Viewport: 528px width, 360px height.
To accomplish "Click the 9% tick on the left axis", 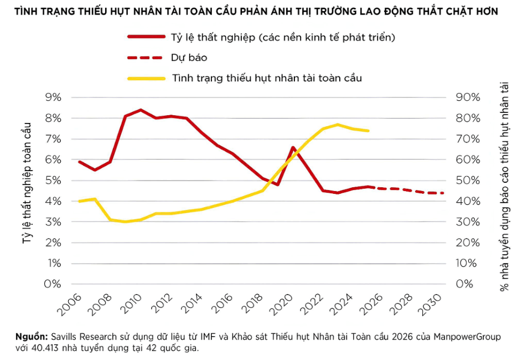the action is (x=53, y=97).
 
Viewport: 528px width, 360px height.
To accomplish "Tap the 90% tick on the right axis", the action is (x=468, y=97).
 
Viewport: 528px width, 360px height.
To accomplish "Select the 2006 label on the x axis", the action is (x=70, y=305).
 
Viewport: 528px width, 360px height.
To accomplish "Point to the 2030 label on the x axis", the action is (x=430, y=305).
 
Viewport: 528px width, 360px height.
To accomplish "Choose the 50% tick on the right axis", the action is (x=468, y=181).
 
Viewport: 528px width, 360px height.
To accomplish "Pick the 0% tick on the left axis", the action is (x=53, y=284).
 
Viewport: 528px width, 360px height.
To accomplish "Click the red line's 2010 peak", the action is (x=141, y=110).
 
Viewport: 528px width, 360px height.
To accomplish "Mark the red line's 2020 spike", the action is (x=293, y=147).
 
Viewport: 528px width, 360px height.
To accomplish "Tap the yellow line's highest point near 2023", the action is (x=338, y=125).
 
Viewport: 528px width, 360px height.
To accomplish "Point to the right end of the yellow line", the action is (x=369, y=131).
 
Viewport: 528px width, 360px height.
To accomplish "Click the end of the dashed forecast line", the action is (x=443, y=193).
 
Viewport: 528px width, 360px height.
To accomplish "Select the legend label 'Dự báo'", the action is (x=189, y=58).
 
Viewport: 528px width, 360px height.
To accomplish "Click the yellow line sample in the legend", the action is (x=147, y=79).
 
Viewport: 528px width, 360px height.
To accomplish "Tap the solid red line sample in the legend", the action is (x=147, y=37).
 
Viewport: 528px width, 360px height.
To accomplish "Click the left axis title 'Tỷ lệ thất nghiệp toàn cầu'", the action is (x=27, y=183).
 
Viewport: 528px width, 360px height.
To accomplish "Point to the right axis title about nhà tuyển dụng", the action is (x=504, y=187).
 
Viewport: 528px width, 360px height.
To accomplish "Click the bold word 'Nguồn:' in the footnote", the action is (x=32, y=337).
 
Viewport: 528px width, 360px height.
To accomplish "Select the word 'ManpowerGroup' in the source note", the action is (x=467, y=337).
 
